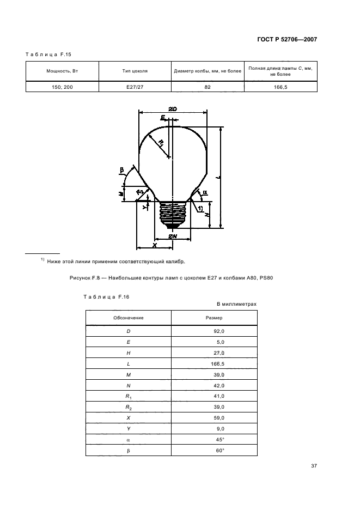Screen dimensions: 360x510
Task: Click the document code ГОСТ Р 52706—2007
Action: [x=287, y=40]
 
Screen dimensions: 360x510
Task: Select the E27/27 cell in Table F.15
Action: [x=135, y=87]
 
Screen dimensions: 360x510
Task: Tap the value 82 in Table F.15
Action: [x=208, y=87]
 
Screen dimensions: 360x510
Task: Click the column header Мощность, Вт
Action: [x=62, y=71]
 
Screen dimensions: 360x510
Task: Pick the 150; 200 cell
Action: [x=62, y=87]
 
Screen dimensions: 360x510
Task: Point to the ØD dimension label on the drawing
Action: [x=173, y=109]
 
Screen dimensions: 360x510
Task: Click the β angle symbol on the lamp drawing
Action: [x=123, y=170]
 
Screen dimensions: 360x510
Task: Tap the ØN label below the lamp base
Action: [x=173, y=236]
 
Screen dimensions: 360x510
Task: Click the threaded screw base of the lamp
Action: [x=173, y=214]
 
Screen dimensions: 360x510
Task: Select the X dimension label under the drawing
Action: [x=155, y=245]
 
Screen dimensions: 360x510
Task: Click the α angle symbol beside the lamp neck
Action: [x=205, y=192]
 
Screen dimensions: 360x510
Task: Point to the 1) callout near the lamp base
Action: [x=200, y=208]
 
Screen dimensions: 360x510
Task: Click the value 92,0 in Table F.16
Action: [x=218, y=331]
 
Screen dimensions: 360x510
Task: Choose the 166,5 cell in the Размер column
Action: [x=217, y=364]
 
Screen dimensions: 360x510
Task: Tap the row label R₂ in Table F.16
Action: [x=129, y=407]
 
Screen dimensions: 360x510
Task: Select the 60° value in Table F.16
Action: [x=220, y=451]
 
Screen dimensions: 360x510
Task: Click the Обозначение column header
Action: [x=129, y=318]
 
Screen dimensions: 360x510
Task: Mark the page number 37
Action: [x=314, y=466]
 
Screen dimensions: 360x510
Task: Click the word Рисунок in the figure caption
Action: [x=80, y=278]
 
